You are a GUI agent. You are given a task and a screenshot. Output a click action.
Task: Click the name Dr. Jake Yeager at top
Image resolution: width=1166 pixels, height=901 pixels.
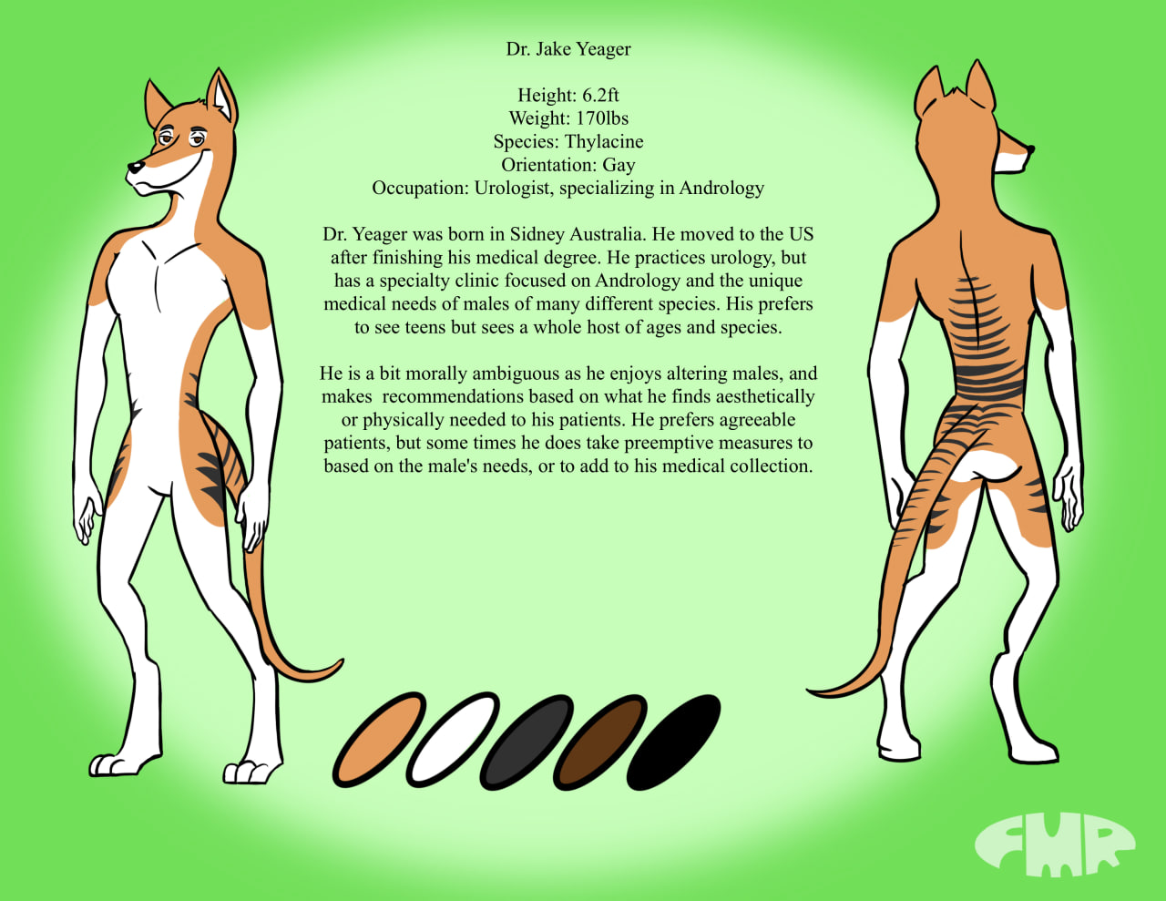568,49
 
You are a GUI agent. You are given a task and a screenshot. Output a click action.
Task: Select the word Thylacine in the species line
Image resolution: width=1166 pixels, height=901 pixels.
604,142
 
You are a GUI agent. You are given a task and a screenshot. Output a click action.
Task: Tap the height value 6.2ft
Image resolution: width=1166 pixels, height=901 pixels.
600,96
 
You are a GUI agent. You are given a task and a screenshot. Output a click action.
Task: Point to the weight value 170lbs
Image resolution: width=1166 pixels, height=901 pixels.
602,118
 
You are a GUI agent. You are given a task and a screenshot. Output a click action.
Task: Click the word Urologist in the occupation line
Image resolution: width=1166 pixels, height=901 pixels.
514,189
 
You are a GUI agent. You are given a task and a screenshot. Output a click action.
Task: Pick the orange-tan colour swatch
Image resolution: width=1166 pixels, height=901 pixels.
379,740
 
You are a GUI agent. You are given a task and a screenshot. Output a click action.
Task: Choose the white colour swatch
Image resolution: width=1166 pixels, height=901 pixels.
453,740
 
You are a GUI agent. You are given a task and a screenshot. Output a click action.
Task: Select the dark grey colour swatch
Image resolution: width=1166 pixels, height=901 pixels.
527,742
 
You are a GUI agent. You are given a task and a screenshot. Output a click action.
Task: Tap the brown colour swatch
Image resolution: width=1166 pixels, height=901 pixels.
600,742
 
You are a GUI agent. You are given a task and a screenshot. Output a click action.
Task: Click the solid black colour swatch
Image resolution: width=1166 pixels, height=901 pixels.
673,742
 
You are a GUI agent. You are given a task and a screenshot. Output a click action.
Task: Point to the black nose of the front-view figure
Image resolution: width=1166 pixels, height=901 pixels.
135,167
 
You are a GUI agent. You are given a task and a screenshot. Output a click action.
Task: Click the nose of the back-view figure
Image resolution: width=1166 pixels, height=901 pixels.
1030,149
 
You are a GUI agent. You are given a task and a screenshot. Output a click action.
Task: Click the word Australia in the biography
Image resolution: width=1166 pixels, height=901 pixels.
598,234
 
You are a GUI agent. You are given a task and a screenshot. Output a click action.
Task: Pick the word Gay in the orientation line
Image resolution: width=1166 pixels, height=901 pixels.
619,165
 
